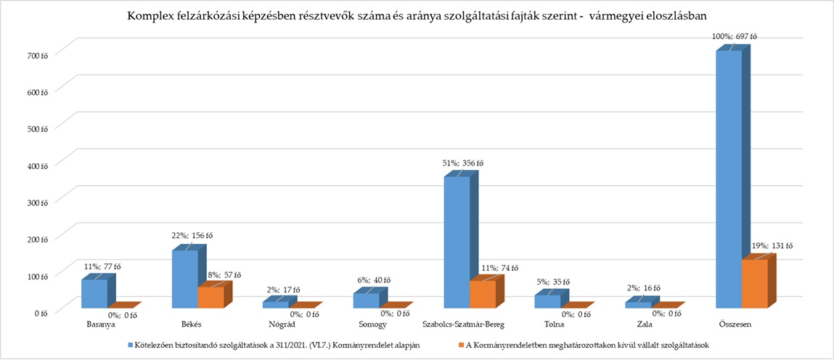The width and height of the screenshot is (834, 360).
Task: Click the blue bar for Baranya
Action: pyautogui.click(x=94, y=293)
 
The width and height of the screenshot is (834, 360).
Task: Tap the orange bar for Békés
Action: pyautogui.click(x=210, y=298)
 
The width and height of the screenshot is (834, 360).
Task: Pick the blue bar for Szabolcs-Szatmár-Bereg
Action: pyautogui.click(x=457, y=242)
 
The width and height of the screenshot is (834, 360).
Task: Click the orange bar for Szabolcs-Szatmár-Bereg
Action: pyautogui.click(x=483, y=294)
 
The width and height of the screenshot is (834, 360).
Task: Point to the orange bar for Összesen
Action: pyautogui.click(x=755, y=284)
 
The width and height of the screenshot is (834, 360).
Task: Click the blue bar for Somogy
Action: pyautogui.click(x=366, y=300)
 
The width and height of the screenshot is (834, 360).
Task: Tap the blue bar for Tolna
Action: pyautogui.click(x=547, y=301)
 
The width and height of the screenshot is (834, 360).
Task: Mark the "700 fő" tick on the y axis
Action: pyautogui.click(x=37, y=54)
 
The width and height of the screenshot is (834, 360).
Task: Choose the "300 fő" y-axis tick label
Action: pyautogui.click(x=37, y=200)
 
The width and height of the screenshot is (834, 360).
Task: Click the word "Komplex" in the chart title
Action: pyautogui.click(x=150, y=15)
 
